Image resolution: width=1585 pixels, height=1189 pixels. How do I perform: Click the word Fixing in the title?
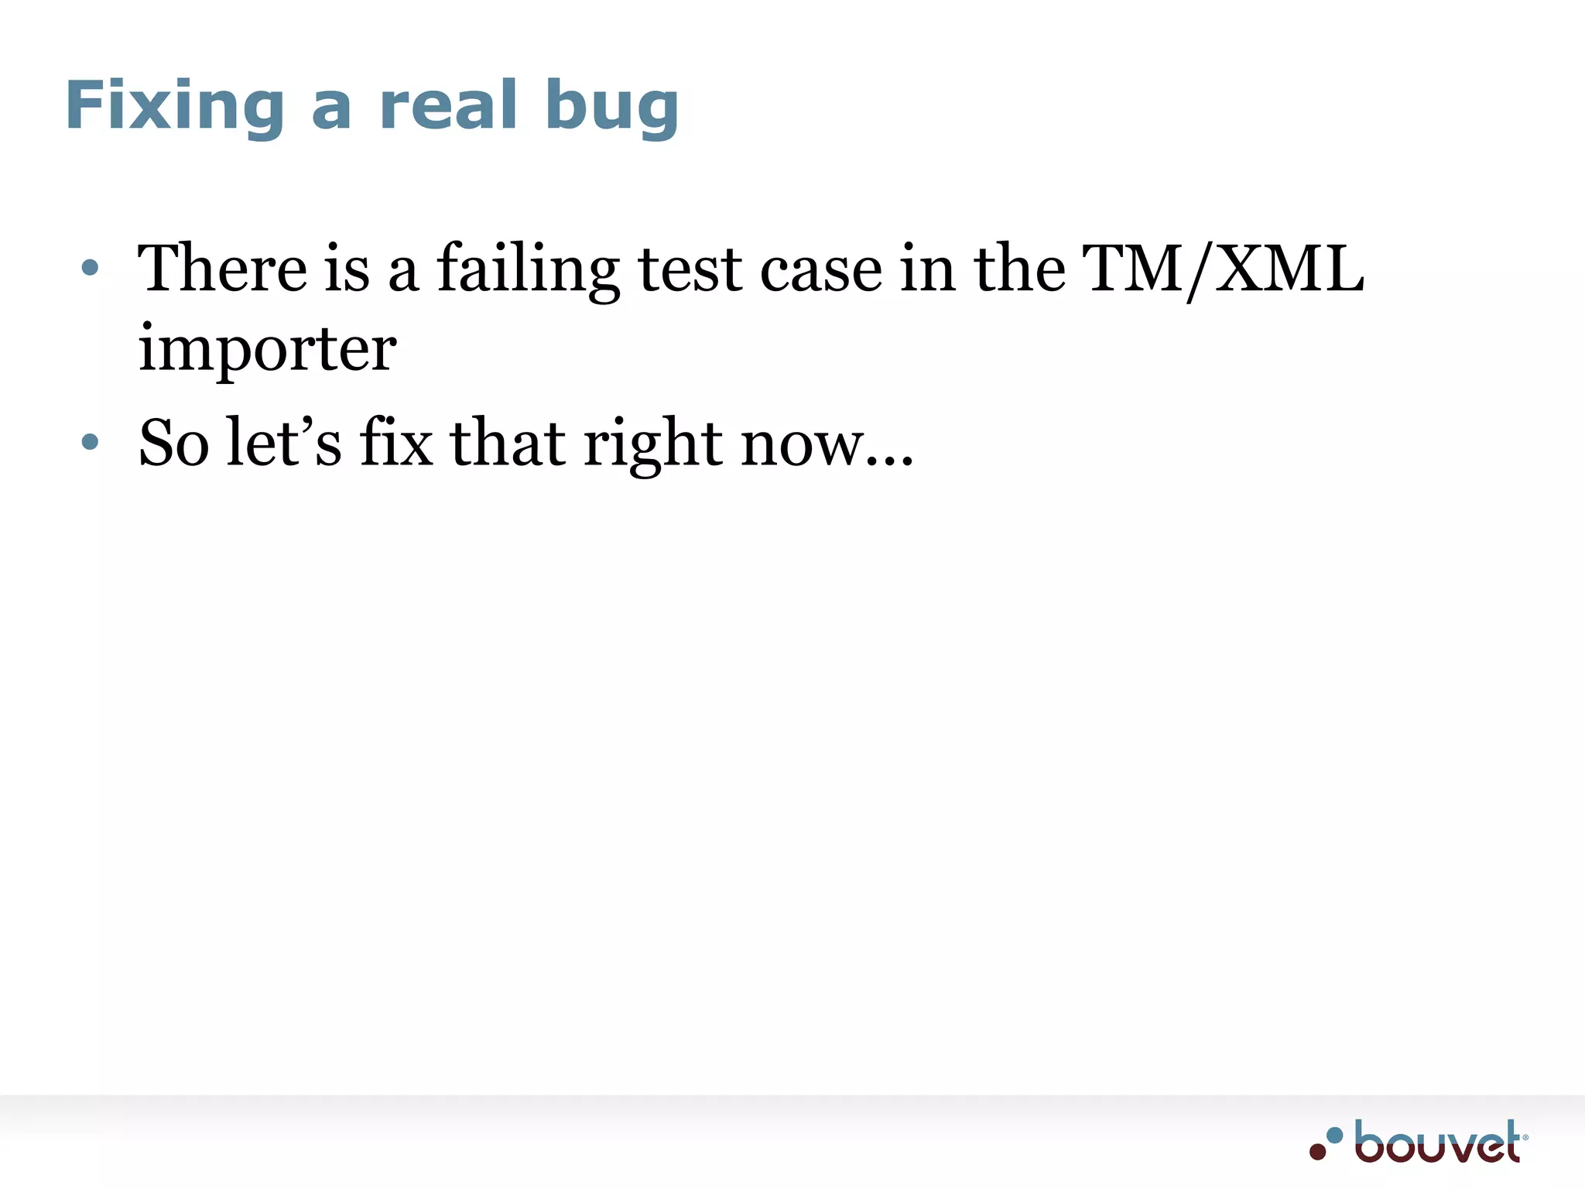(x=175, y=106)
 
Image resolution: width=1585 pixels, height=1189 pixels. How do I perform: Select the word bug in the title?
(x=611, y=108)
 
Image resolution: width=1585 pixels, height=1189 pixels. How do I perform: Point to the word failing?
(x=528, y=271)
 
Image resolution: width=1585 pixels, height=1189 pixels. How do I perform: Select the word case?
(x=821, y=269)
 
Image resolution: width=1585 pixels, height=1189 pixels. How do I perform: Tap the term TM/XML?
(x=1223, y=269)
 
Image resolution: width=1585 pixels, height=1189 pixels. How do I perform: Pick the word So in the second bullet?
(x=174, y=443)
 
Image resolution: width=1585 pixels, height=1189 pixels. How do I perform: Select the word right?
(x=653, y=444)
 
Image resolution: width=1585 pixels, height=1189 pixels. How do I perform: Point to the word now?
(x=802, y=446)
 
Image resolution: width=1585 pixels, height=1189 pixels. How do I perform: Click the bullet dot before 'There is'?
(x=91, y=268)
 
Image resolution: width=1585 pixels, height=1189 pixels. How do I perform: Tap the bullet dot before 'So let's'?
(x=91, y=442)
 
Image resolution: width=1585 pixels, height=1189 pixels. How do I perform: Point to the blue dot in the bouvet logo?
(x=1334, y=1136)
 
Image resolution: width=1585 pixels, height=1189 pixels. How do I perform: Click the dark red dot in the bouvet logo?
(x=1317, y=1151)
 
